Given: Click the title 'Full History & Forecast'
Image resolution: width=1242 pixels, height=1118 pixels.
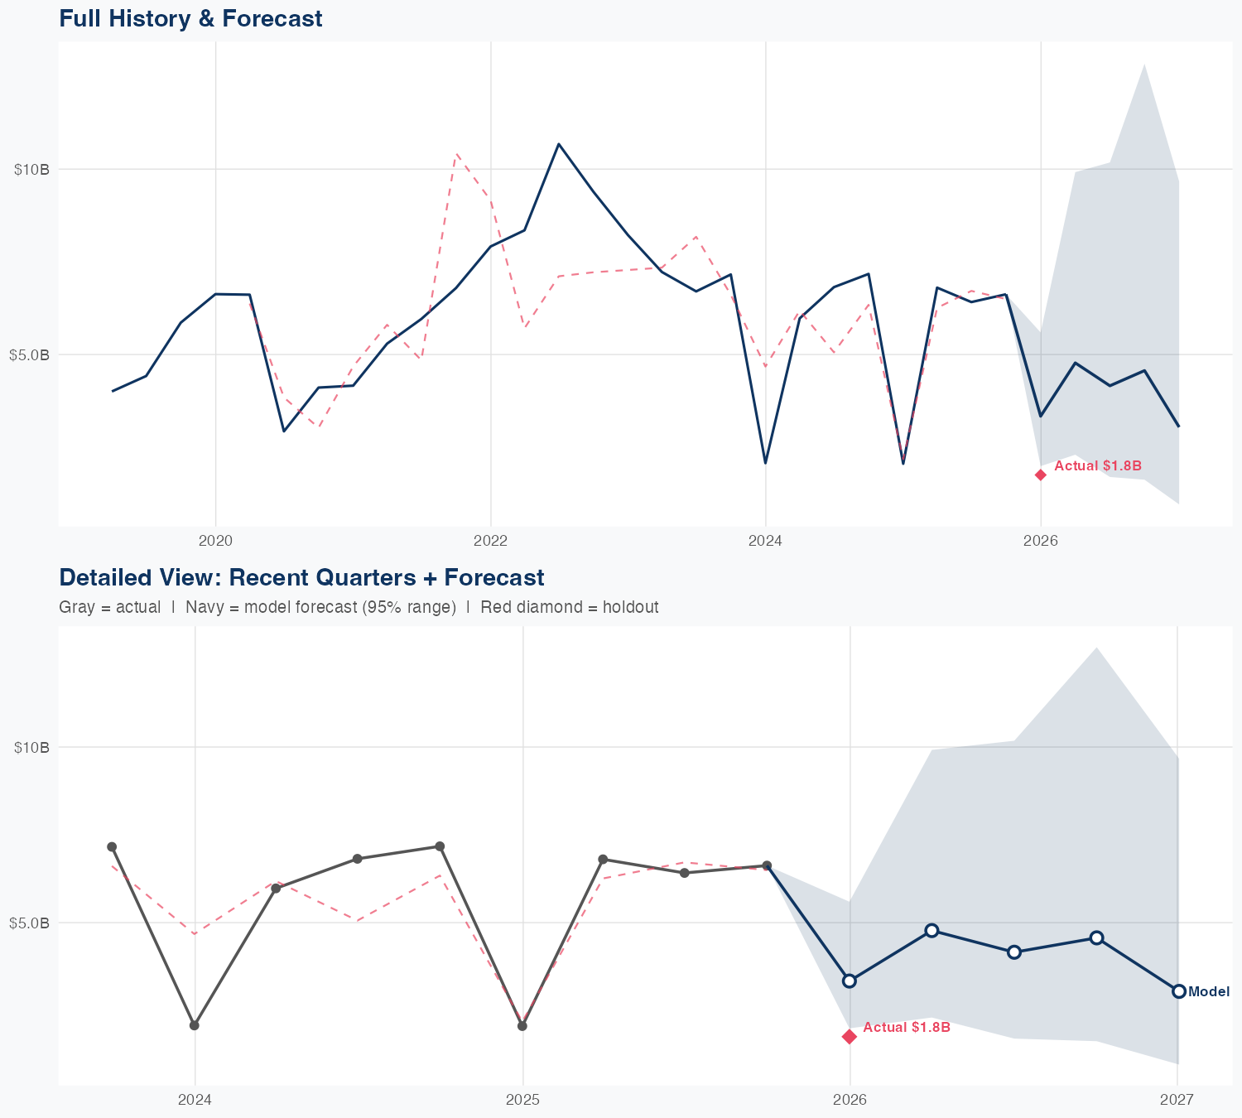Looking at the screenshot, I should click(x=190, y=18).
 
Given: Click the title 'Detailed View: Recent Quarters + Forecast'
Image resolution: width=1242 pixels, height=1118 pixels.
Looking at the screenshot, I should click(x=301, y=577).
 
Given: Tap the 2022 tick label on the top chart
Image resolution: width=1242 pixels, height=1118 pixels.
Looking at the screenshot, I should click(x=490, y=542).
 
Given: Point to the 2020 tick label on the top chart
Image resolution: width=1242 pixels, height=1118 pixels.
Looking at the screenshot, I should click(x=215, y=542).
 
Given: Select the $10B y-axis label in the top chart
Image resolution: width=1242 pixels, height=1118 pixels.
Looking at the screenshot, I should click(x=31, y=170).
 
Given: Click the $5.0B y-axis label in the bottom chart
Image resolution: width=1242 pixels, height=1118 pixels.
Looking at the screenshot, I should click(x=29, y=923).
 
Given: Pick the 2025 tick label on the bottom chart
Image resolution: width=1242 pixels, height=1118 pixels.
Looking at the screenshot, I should click(x=522, y=1100).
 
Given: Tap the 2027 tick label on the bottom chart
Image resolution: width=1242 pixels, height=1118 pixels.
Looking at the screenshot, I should click(x=1177, y=1100).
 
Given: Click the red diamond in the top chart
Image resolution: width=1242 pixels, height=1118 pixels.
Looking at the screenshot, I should click(x=1041, y=475).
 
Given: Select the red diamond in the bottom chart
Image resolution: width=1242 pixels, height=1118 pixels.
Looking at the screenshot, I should click(x=850, y=1037).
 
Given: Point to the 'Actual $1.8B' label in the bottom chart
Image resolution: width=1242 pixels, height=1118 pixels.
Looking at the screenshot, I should click(x=906, y=1028).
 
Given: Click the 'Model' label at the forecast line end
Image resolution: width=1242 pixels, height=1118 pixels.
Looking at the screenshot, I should click(x=1209, y=992).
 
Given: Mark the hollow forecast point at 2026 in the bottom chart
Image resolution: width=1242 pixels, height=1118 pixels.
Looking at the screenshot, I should click(x=850, y=981).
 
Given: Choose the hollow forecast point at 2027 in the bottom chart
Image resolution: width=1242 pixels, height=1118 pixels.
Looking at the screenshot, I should click(x=1178, y=991).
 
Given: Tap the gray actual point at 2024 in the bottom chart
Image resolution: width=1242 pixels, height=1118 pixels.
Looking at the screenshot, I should click(x=195, y=1025).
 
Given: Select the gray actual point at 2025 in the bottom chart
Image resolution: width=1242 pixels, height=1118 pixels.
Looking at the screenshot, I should click(x=522, y=1026).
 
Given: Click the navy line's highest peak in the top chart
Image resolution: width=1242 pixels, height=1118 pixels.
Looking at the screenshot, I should click(x=559, y=144).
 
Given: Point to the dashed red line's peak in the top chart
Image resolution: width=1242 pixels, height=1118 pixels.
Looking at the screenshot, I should click(x=456, y=153).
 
